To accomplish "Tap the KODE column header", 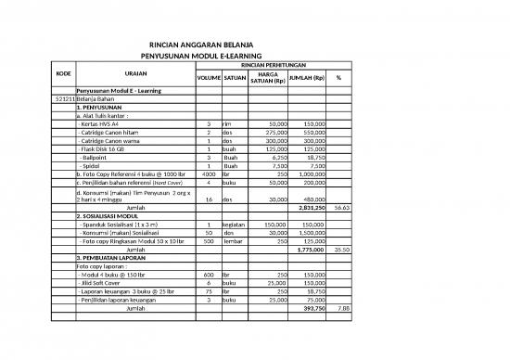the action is (64, 77).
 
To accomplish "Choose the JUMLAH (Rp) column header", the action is (306, 77).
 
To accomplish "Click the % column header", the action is (338, 77).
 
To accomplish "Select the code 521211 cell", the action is (65, 98).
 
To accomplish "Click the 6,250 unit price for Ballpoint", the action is (278, 157).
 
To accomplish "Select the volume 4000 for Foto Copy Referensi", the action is (209, 174).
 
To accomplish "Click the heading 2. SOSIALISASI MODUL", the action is (114, 216).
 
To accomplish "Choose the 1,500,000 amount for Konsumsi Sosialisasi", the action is (309, 233).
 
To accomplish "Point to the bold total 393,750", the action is (311, 308).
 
